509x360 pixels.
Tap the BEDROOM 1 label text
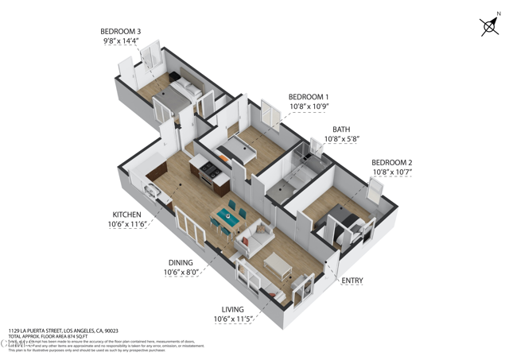309,97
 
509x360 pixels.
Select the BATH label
341,129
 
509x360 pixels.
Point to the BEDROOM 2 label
392,162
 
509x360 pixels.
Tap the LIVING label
231,309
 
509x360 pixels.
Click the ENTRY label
352,281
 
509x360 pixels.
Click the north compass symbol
490,27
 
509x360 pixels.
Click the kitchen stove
209,169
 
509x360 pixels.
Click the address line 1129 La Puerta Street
64,331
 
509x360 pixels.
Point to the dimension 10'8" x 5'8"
341,139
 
